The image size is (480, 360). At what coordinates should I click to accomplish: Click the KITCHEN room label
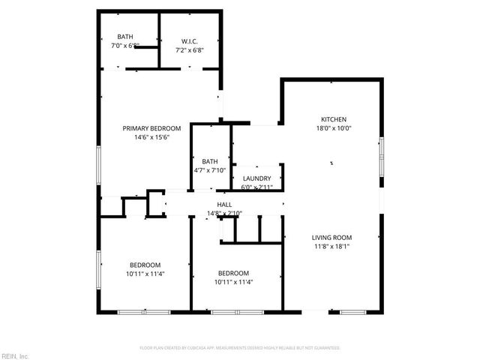pos(334,119)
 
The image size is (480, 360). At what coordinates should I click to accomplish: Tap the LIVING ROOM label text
pos(331,237)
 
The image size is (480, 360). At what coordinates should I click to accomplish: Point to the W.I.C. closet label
pos(190,40)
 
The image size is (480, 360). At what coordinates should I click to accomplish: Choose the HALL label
pos(224,204)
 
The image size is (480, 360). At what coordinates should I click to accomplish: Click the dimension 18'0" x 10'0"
pos(334,128)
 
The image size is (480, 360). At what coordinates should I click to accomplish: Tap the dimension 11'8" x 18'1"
pos(331,246)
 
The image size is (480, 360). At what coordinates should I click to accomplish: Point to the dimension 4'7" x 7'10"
pos(210,170)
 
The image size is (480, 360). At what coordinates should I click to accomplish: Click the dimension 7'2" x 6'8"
pos(190,49)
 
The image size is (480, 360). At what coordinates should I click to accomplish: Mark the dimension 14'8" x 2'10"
pos(224,213)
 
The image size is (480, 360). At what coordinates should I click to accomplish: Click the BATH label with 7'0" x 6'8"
pos(125,37)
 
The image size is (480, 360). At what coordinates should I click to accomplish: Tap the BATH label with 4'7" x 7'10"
pos(210,161)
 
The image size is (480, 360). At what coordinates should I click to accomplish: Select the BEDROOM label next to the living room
pos(233,273)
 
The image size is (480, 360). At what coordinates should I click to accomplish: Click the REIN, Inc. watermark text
pos(14,355)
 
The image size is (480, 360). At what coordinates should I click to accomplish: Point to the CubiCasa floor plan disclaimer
pos(240,348)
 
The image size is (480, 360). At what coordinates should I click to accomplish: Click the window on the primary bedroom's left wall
pos(98,163)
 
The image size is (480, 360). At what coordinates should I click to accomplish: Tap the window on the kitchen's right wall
pos(381,157)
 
